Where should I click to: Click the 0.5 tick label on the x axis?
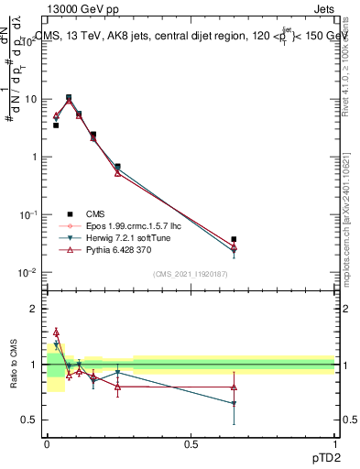(191, 443)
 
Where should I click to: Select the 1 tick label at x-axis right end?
(334, 443)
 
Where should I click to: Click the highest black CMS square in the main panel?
(69, 97)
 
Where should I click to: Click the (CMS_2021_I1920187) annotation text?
(190, 274)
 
